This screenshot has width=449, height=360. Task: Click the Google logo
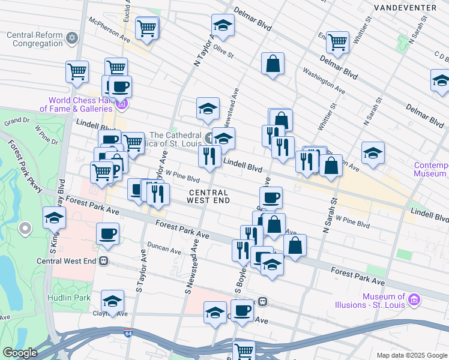(x=20, y=353)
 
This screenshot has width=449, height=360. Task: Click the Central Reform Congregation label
(x=35, y=39)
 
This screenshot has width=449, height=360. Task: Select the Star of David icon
(x=73, y=39)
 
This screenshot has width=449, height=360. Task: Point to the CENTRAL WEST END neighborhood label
(x=209, y=196)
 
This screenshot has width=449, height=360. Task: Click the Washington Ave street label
(x=324, y=82)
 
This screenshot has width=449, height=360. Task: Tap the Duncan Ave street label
(x=164, y=251)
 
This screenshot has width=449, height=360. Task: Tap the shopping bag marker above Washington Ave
(x=273, y=64)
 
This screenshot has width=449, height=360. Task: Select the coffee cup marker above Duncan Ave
(x=107, y=234)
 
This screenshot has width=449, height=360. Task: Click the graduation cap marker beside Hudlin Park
(x=112, y=301)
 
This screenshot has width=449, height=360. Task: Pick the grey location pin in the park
(x=25, y=229)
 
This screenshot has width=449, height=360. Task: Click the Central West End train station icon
(x=103, y=261)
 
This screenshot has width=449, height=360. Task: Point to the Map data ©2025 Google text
(x=411, y=355)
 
